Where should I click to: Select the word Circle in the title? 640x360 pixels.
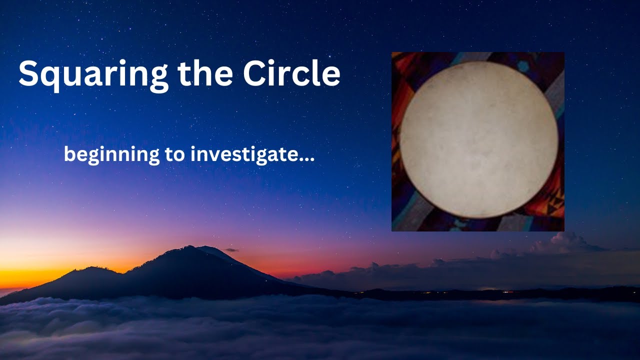(292, 74)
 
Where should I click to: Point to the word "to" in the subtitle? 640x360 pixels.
(173, 155)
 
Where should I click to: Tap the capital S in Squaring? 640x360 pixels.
(29, 74)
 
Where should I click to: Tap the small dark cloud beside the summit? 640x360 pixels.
(231, 249)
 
